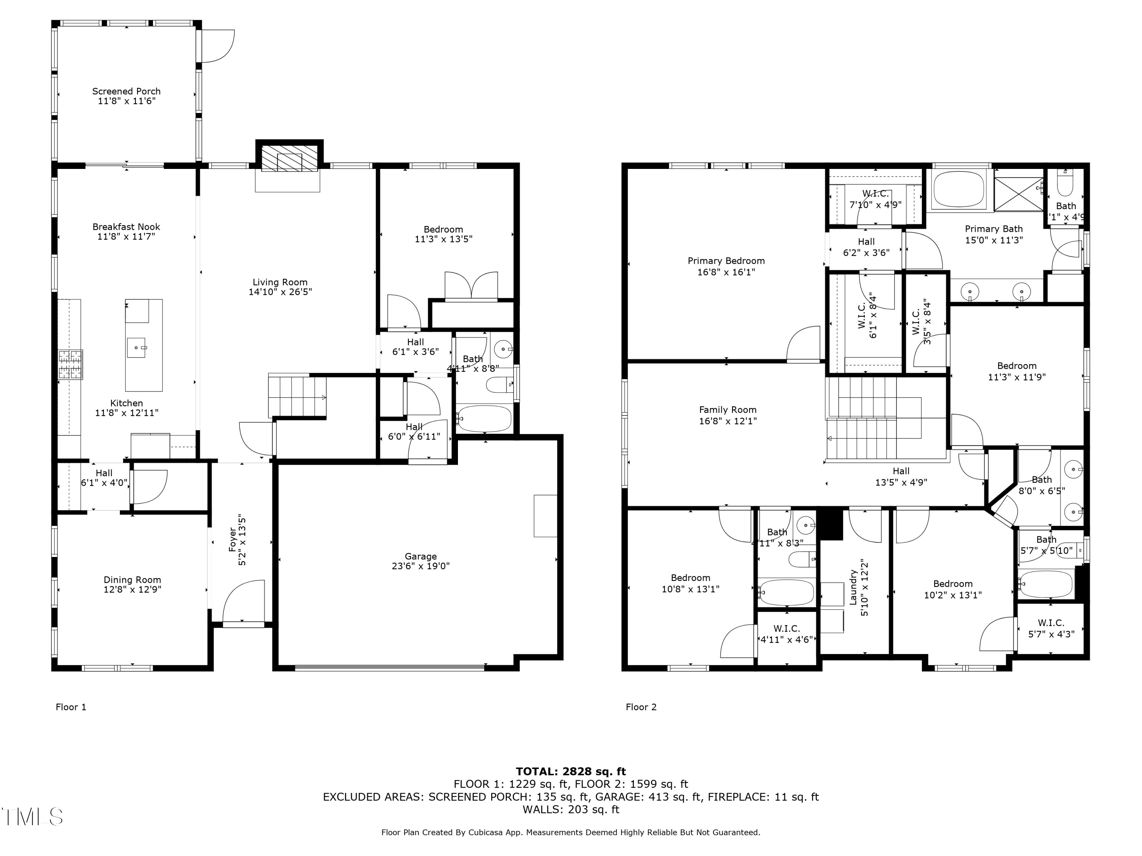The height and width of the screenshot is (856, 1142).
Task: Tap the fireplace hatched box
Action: point(289,158)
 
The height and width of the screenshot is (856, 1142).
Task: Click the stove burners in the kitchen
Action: point(70,364)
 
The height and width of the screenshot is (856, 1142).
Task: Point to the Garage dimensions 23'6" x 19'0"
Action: point(420,566)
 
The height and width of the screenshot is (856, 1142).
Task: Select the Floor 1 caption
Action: point(71,707)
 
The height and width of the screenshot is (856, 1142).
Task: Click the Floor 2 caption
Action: point(641,707)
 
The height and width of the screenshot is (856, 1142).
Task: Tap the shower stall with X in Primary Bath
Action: point(1018,194)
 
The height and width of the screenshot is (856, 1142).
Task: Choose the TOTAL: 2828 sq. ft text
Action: point(571,772)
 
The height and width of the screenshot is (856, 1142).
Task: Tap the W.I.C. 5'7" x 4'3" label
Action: point(1051,628)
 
